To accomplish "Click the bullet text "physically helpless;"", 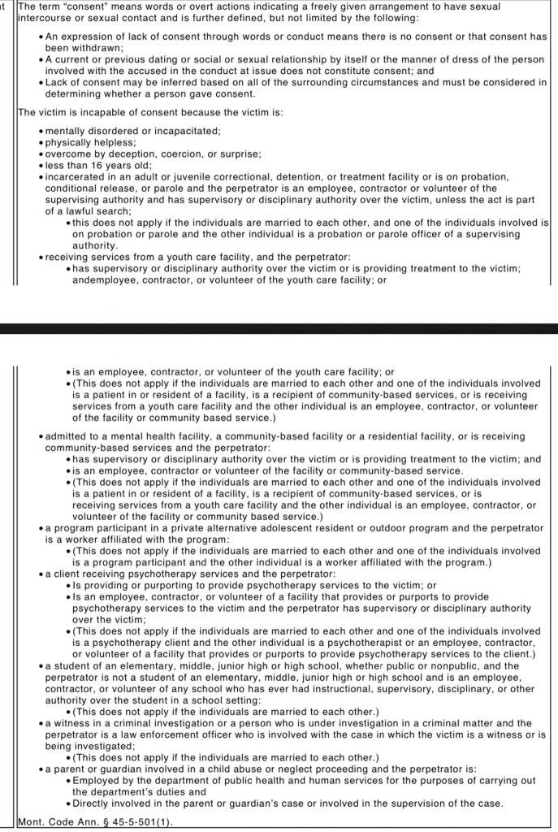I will click(x=90, y=143).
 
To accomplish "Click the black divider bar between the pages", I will click(x=279, y=328).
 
